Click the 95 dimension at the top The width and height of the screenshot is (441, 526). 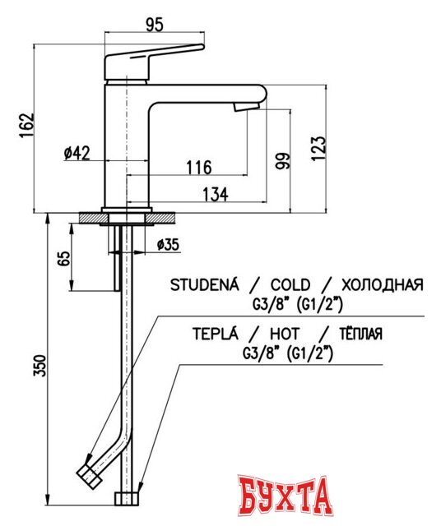pyautogui.click(x=154, y=24)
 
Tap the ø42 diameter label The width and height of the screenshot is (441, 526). pyautogui.click(x=77, y=152)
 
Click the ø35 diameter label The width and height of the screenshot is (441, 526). pyautogui.click(x=168, y=244)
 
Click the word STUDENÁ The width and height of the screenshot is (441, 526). pyautogui.click(x=204, y=285)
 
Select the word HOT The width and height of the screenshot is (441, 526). pyautogui.click(x=283, y=334)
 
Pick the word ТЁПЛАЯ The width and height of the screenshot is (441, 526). pyautogui.click(x=360, y=334)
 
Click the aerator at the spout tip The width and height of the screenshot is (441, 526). pyautogui.click(x=245, y=107)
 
